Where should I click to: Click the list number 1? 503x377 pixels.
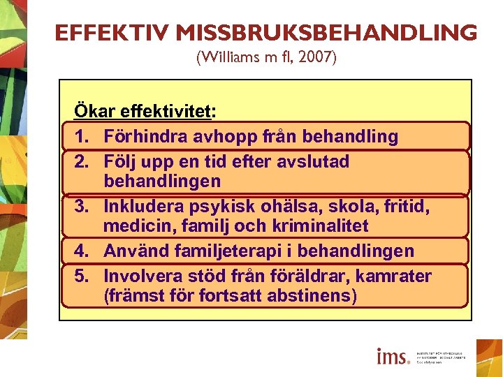pos(81,137)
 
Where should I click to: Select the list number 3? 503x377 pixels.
pos(81,207)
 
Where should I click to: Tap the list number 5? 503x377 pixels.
pos(81,276)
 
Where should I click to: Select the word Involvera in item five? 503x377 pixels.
pos(142,276)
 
